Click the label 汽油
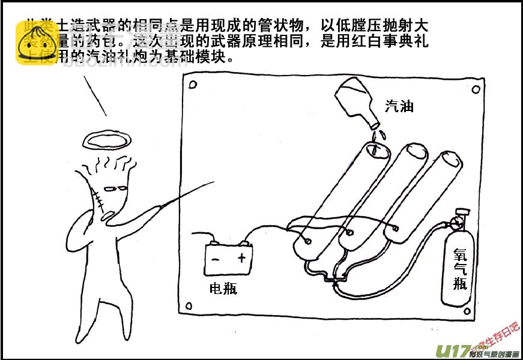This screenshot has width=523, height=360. coord(399,107)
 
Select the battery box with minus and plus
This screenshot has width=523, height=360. coord(228,259)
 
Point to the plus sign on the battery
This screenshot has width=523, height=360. coord(242,259)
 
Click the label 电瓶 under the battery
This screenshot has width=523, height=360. coord(223,289)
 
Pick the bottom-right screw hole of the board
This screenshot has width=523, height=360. coord(475,308)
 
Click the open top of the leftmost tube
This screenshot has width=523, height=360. coord(377,150)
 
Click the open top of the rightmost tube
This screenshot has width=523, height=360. coord(450,160)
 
